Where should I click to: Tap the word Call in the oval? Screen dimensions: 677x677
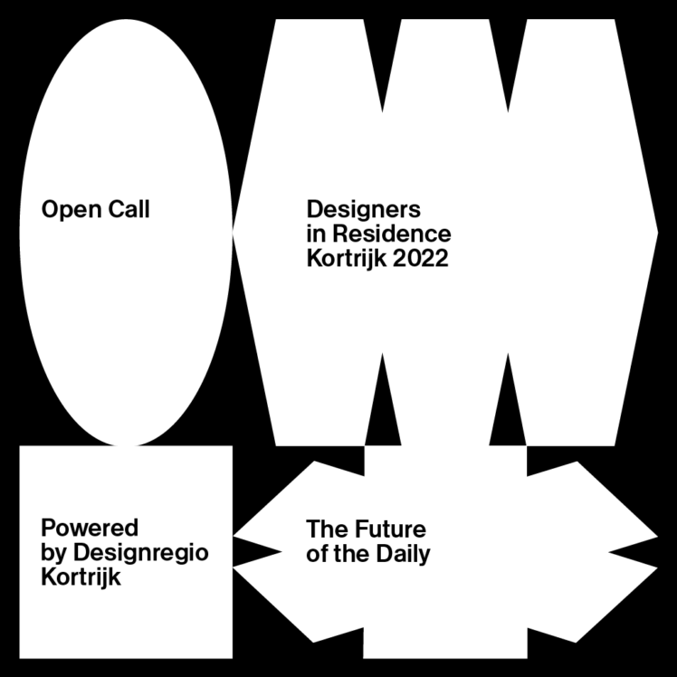point(128,210)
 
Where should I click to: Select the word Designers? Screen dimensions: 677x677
point(364,210)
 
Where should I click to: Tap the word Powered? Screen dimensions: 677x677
point(90,529)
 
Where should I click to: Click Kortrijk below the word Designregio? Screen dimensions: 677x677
point(81,577)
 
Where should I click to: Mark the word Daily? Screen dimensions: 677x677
point(404,552)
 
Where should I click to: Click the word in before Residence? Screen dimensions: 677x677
point(314,234)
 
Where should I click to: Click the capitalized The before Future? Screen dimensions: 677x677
point(323,529)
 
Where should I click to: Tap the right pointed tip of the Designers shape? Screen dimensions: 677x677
point(655,234)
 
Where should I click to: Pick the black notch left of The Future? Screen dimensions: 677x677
point(262,552)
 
